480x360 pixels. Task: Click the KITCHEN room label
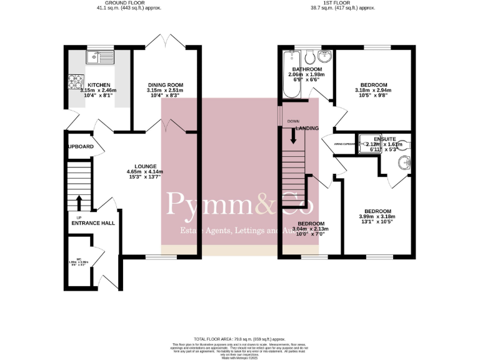pyautogui.click(x=99, y=85)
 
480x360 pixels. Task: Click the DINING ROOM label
pyautogui.click(x=165, y=85)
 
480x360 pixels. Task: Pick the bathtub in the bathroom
pyautogui.click(x=289, y=75)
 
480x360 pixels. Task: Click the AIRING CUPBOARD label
pyautogui.click(x=344, y=144)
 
